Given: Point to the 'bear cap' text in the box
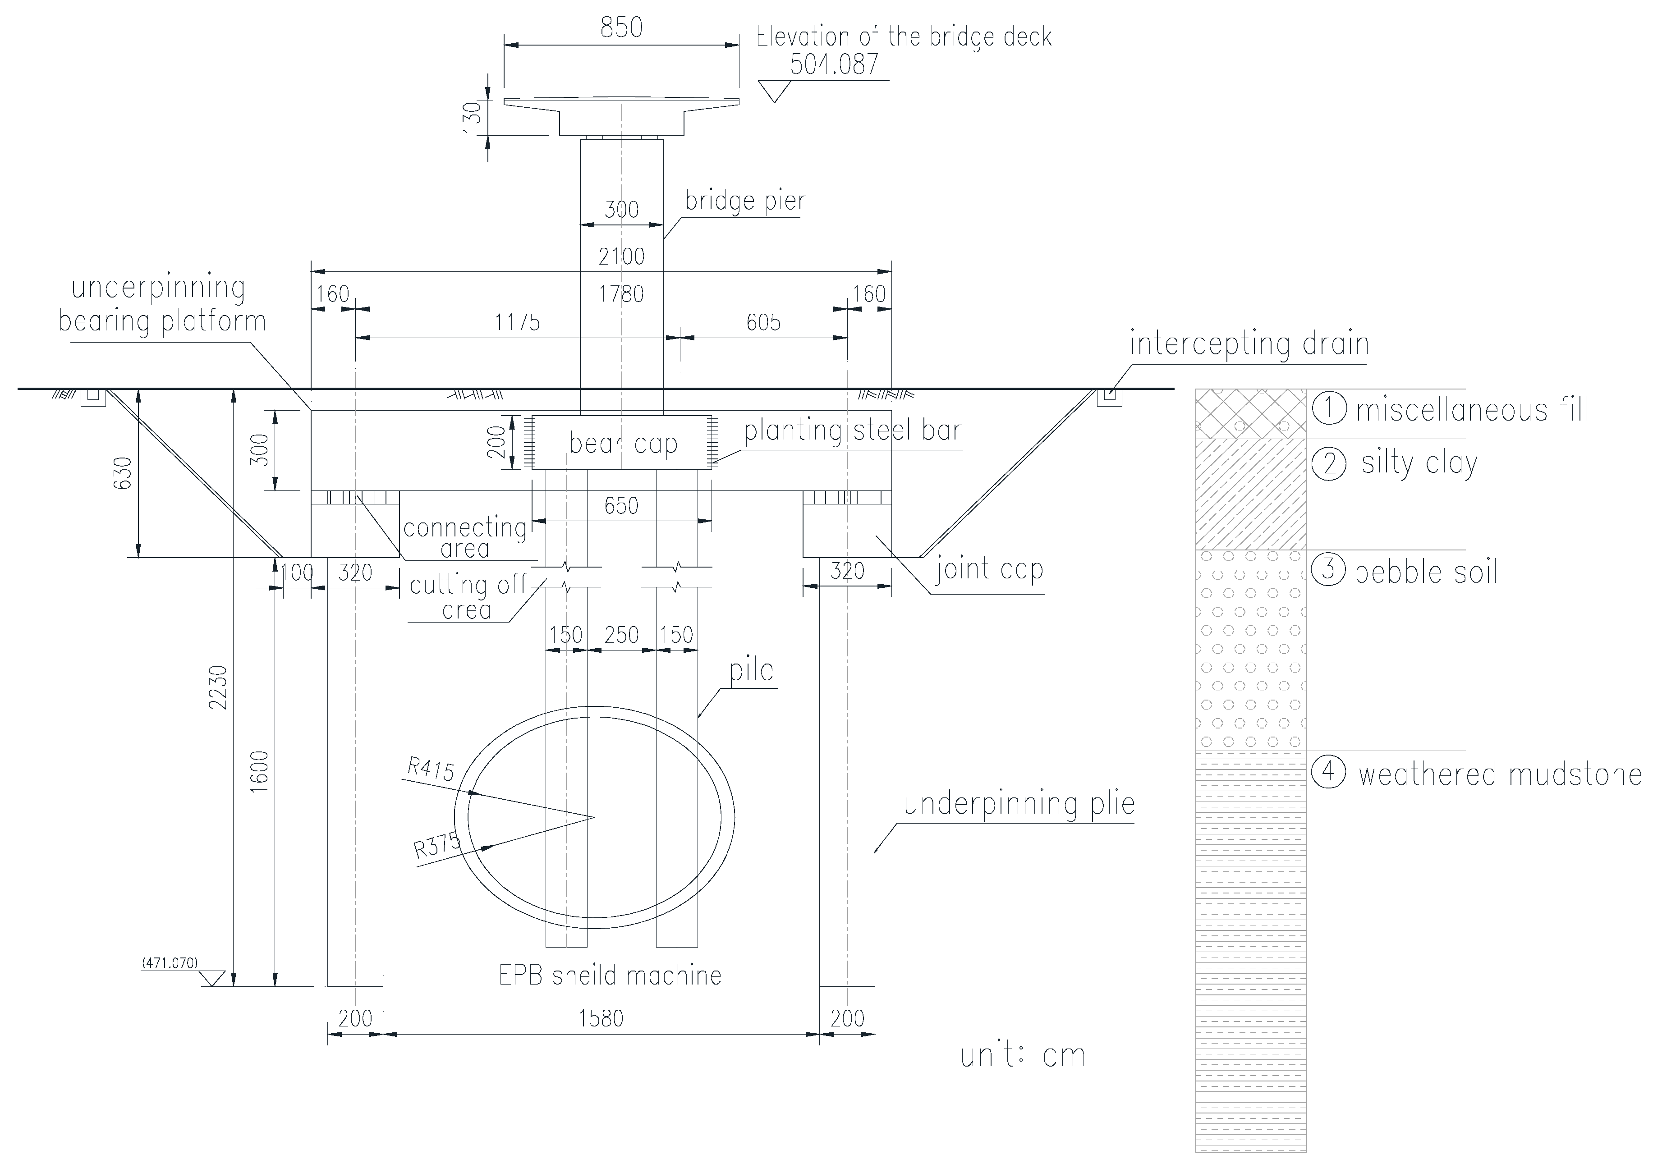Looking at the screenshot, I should (624, 443).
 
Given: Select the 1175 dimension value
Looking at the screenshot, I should (517, 322).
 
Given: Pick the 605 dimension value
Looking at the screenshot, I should (763, 322).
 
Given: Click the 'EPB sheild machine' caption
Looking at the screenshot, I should (610, 976).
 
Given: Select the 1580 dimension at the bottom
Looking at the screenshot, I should (601, 1018).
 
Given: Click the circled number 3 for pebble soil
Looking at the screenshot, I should (1328, 569).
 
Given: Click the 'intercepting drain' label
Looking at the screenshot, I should (1249, 343).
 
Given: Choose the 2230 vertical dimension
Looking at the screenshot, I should (217, 687).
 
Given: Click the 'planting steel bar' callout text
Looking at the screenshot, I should (852, 431).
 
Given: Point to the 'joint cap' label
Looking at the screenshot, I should (989, 569).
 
